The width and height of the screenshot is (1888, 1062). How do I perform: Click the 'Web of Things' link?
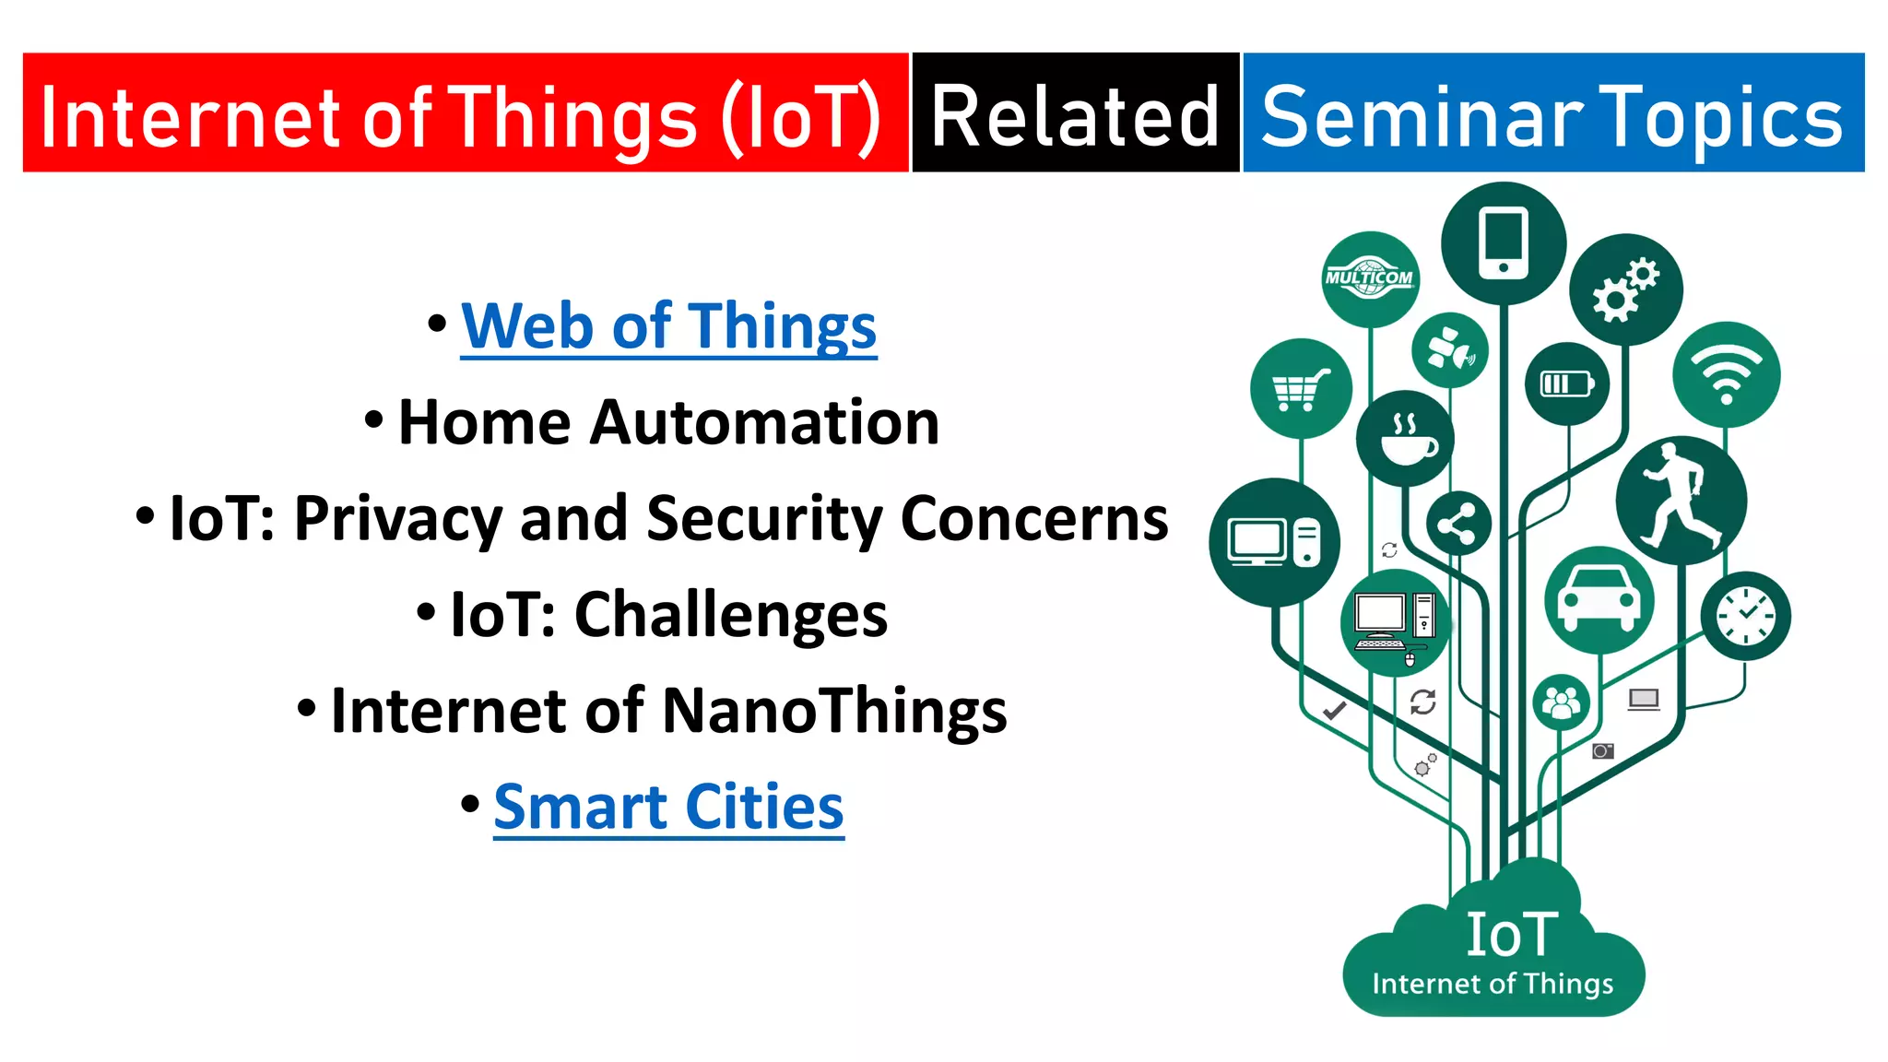tap(668, 327)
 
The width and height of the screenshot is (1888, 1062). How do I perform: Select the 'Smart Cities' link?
tap(668, 808)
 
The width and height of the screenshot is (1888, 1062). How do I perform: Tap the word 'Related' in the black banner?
tap(1075, 116)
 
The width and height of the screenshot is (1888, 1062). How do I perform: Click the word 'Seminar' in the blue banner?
tap(1421, 116)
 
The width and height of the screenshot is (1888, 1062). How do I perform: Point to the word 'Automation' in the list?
tap(764, 423)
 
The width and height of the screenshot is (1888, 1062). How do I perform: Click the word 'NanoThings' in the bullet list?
tap(834, 712)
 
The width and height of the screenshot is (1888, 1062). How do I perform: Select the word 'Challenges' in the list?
tap(730, 615)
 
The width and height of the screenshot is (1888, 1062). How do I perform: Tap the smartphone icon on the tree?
tap(1503, 242)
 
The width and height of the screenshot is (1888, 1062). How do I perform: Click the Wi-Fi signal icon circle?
tap(1726, 374)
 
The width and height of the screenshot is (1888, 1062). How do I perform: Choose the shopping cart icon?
tap(1300, 389)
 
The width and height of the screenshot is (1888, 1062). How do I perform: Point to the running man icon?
tap(1681, 500)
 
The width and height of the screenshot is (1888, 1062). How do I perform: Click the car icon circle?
tap(1599, 599)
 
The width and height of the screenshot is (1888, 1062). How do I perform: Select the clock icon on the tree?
tap(1745, 616)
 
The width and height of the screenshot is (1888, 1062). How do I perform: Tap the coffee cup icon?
tap(1405, 439)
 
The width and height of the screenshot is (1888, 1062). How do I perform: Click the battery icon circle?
tap(1566, 383)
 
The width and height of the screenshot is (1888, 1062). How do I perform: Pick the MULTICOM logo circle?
tap(1369, 278)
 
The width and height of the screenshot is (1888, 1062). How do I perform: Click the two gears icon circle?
tap(1625, 289)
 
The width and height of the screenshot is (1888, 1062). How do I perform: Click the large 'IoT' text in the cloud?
tap(1512, 935)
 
